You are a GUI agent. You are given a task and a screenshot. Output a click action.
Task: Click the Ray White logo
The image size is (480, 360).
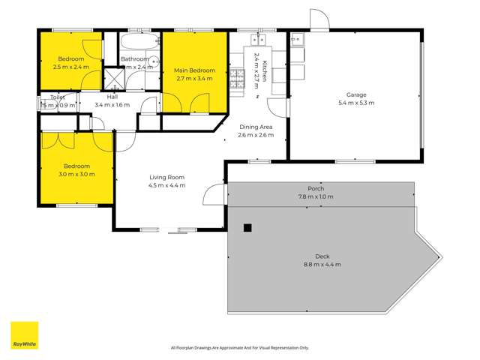tap(24, 335)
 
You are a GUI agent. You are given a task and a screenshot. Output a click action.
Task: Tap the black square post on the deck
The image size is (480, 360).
tap(247, 229)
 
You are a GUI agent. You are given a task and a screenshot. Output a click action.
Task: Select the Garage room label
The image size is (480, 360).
tap(356, 95)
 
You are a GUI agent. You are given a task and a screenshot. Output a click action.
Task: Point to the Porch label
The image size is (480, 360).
tap(316, 189)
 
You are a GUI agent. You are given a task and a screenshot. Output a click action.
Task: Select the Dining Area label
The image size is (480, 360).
tap(255, 127)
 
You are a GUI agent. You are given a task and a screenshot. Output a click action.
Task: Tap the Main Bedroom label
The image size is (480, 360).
tap(194, 70)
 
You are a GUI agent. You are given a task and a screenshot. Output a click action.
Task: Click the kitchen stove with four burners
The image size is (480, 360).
tap(238, 74)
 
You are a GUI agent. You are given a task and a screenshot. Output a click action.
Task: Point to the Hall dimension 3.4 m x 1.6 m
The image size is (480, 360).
tap(112, 105)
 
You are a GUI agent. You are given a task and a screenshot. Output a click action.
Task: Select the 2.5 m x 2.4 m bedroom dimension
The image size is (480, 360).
tap(71, 67)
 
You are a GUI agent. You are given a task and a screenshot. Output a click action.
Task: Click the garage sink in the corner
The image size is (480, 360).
tap(297, 39)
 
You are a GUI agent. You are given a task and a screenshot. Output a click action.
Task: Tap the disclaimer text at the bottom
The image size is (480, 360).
tap(240, 348)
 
